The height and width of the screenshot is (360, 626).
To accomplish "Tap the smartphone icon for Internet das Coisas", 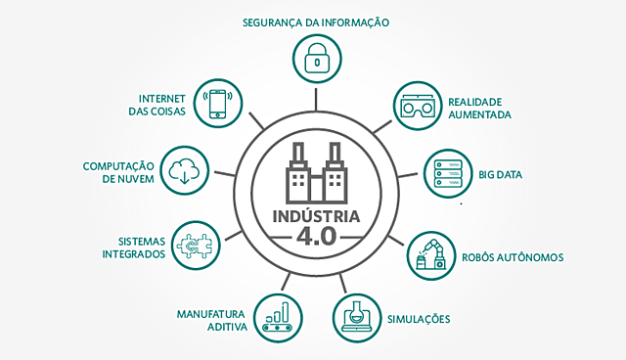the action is (x=218, y=103).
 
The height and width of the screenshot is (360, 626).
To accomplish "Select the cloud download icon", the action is (x=184, y=170).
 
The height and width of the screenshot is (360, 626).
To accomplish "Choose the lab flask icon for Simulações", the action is (x=356, y=315).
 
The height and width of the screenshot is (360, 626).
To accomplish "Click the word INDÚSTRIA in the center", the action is (x=314, y=215).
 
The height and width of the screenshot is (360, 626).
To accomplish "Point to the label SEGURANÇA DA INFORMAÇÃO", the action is (x=315, y=22).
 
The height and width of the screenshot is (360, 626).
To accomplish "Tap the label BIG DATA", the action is (x=501, y=175).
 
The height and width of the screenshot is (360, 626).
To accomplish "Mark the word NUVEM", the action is (x=130, y=180).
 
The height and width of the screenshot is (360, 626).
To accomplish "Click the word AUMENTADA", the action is (x=480, y=114).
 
